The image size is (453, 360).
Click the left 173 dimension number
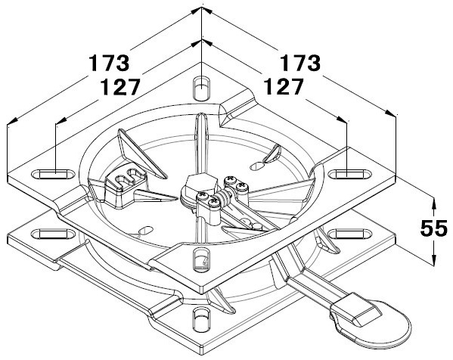(x=109, y=63)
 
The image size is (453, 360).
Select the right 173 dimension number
(x=300, y=63)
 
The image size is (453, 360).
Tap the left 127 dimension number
(x=120, y=87)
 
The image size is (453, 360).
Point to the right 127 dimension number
(x=284, y=86)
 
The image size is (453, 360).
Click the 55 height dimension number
(x=433, y=228)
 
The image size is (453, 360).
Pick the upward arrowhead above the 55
(x=433, y=203)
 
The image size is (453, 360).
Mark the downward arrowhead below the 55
(x=433, y=258)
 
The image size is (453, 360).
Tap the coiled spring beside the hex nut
(x=224, y=197)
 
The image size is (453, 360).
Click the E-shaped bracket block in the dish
(x=125, y=188)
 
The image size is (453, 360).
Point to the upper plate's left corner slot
(x=53, y=174)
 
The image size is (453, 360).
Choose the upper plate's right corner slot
(x=350, y=174)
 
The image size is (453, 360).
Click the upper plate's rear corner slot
(x=201, y=88)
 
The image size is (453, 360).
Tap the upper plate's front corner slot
(x=201, y=259)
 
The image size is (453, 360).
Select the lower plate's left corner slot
(x=53, y=234)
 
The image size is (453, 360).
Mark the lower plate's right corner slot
(x=350, y=234)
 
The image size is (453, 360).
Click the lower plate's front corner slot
(x=201, y=319)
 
